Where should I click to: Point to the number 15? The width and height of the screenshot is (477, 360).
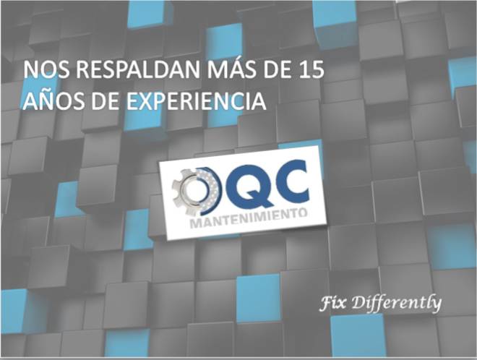pyautogui.click(x=311, y=70)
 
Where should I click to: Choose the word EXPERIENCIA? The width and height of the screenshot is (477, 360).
pyautogui.click(x=196, y=101)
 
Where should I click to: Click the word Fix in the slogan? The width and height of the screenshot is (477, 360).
pyautogui.click(x=332, y=303)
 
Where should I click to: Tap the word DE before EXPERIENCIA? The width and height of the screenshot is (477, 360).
pyautogui.click(x=106, y=101)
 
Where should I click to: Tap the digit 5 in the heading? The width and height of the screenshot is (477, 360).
pyautogui.click(x=317, y=70)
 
